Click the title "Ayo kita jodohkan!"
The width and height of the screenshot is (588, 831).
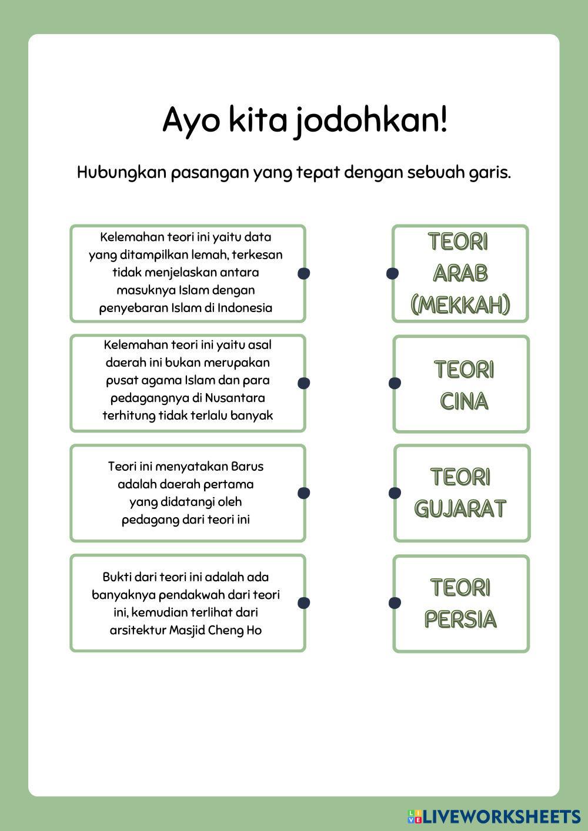305,120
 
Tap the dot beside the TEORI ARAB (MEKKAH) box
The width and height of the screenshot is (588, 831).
392,273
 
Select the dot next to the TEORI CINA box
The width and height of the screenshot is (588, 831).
395,383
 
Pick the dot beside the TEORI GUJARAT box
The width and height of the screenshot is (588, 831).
395,493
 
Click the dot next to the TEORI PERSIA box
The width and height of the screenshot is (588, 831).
395,603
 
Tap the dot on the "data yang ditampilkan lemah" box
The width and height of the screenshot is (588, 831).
303,273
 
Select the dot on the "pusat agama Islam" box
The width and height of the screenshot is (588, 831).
303,383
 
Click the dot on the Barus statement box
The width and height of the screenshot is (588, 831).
303,493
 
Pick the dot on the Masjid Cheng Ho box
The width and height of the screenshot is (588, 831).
303,603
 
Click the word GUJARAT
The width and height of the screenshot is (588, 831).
460,509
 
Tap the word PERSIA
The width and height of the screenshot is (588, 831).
460,619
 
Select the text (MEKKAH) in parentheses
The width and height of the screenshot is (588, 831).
460,305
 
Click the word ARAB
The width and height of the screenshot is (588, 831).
460,273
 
